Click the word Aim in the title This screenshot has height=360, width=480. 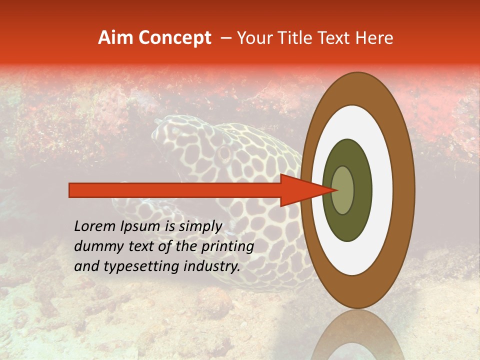pyautogui.click(x=116, y=38)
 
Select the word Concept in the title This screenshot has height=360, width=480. pyautogui.click(x=174, y=38)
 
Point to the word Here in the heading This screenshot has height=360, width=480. pyautogui.click(x=375, y=38)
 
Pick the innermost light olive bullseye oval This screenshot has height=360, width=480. pyautogui.click(x=342, y=190)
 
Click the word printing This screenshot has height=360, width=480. pyautogui.click(x=227, y=247)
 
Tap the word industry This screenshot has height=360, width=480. pyautogui.click(x=211, y=266)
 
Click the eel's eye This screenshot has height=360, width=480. pyautogui.click(x=223, y=150)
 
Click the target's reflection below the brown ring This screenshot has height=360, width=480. pyautogui.click(x=357, y=335)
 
